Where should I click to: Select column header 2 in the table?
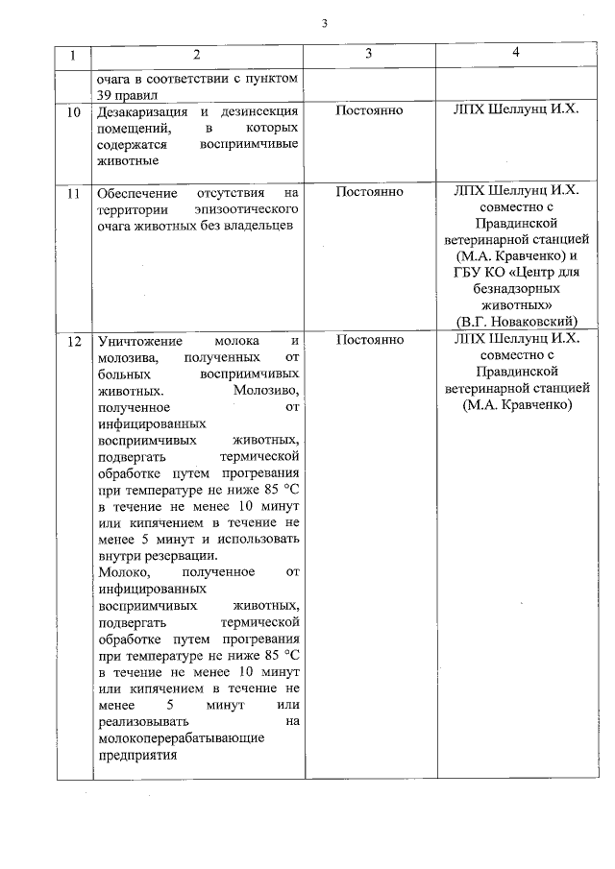pyautogui.click(x=196, y=56)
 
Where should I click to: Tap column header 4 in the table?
pyautogui.click(x=516, y=54)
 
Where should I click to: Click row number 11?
pyautogui.click(x=73, y=192)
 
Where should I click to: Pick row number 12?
pyautogui.click(x=73, y=341)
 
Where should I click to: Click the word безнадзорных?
pyautogui.click(x=516, y=286)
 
